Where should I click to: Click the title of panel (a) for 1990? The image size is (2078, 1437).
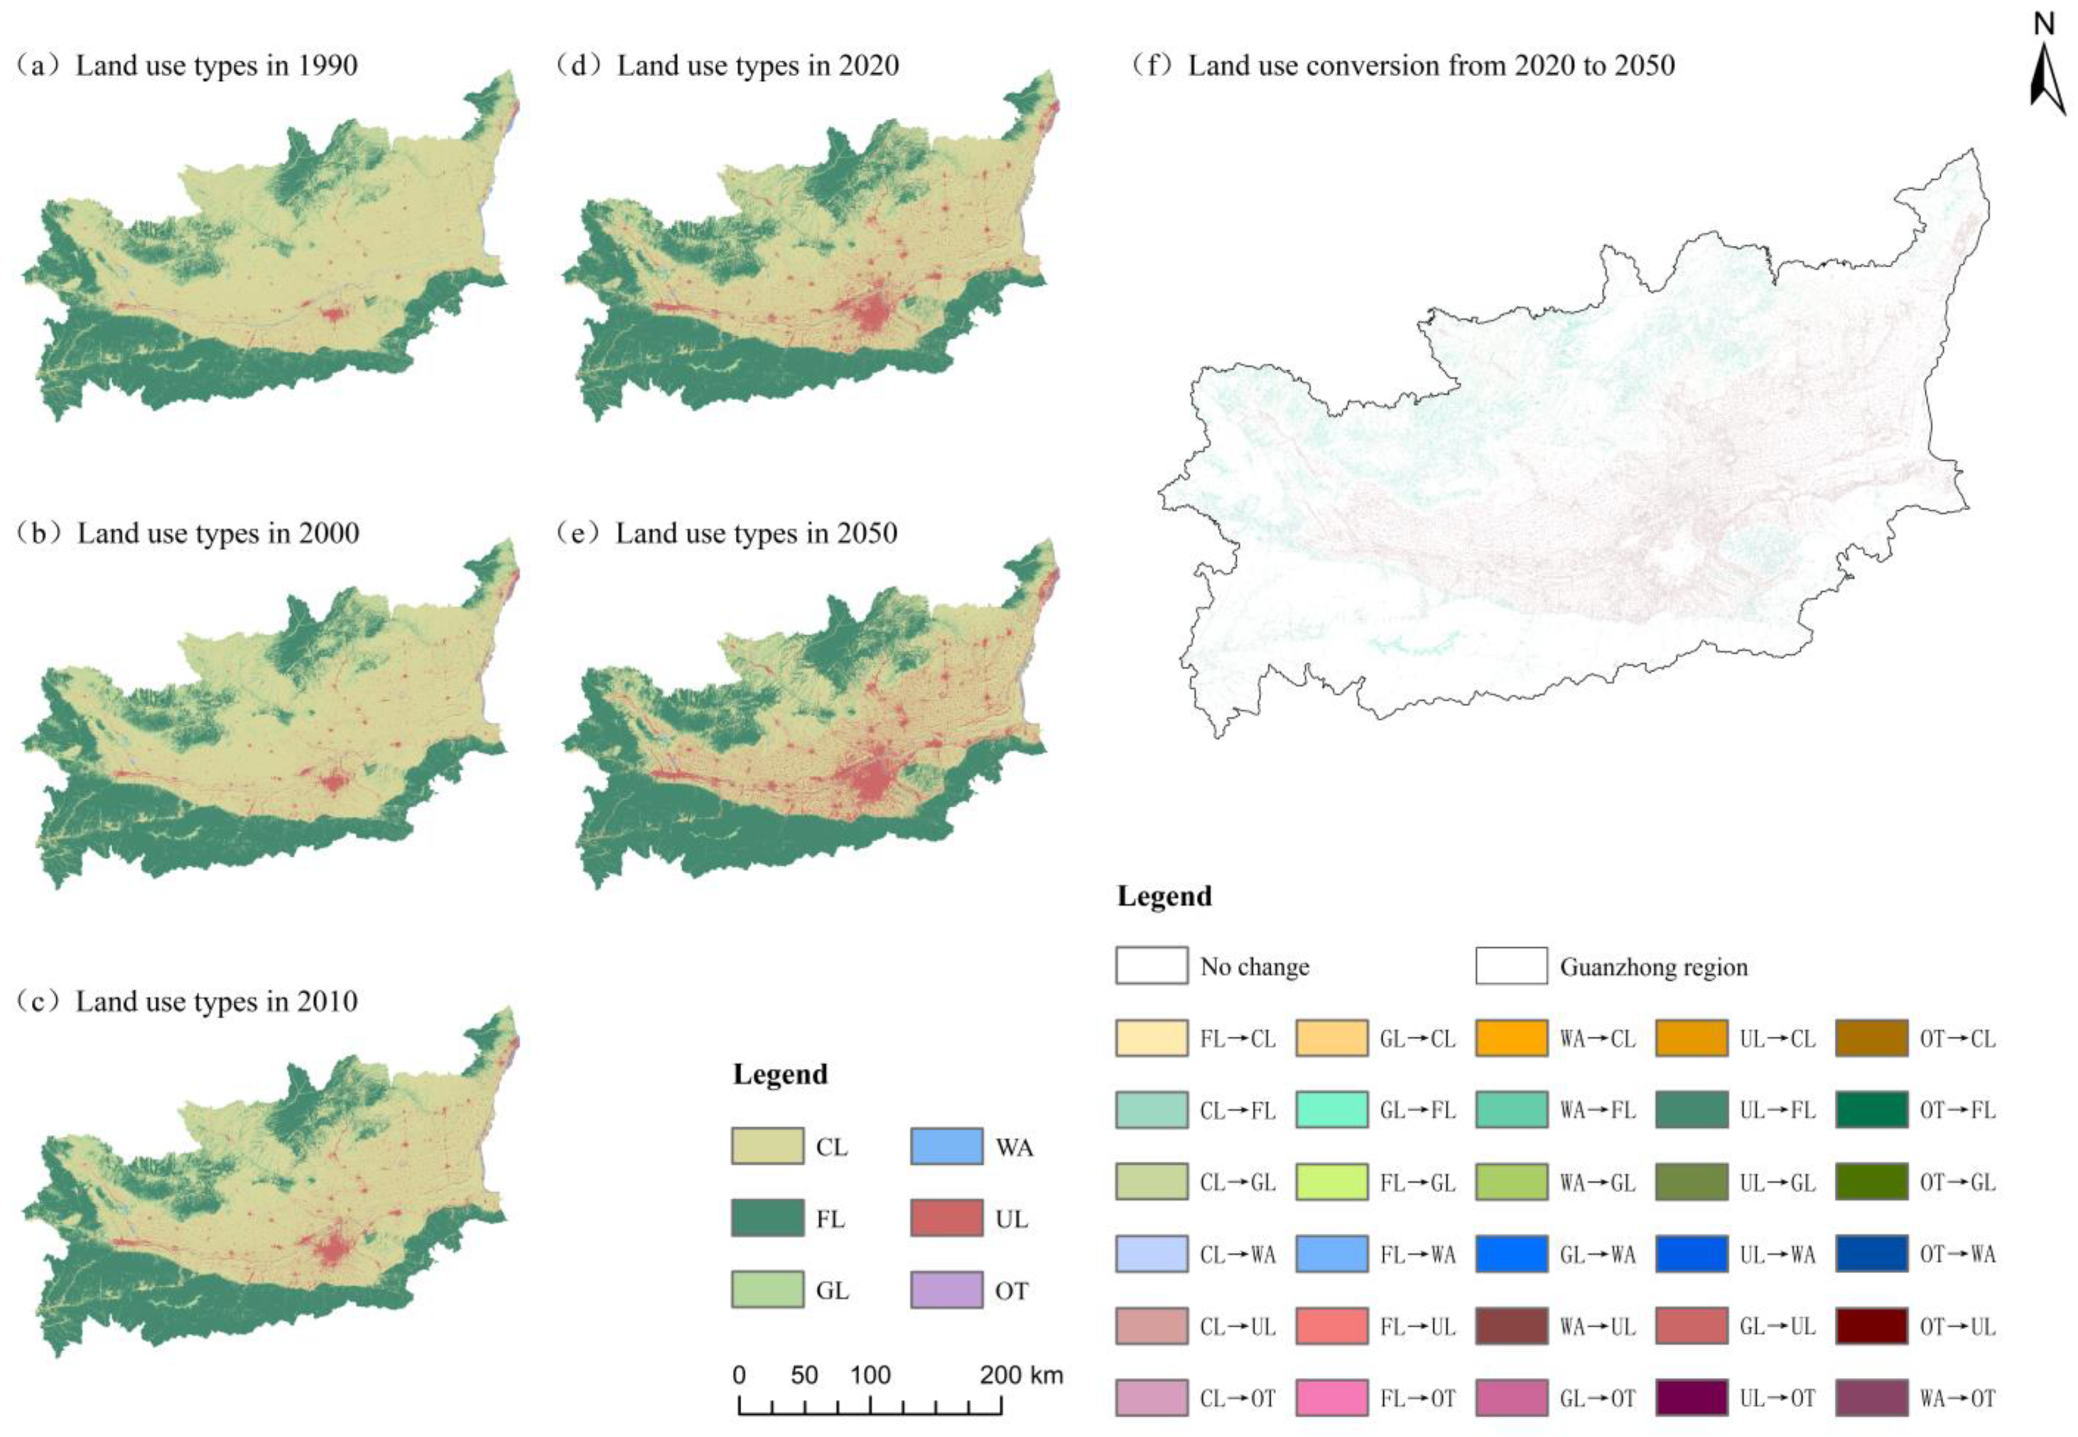[187, 66]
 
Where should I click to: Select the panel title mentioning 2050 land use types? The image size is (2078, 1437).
[727, 533]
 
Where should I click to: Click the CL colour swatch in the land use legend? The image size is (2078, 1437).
[767, 1146]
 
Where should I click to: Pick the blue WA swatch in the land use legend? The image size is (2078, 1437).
[946, 1146]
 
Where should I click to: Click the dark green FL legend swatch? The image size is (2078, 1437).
[767, 1218]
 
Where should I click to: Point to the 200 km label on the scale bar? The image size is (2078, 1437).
[1021, 1375]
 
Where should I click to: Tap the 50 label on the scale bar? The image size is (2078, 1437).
[804, 1375]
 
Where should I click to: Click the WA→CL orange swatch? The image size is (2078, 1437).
[1511, 1037]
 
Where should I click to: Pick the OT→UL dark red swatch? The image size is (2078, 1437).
[1871, 1325]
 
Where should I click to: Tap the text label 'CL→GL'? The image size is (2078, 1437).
[1237, 1182]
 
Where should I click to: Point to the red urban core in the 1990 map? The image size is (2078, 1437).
[334, 314]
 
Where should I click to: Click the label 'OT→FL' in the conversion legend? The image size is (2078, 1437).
[1957, 1110]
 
